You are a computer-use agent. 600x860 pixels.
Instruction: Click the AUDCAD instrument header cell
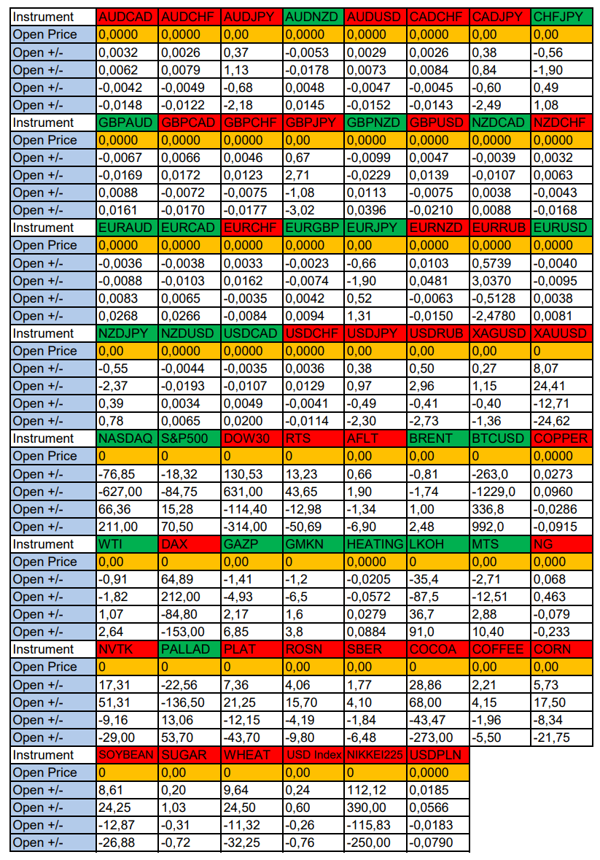point(126,17)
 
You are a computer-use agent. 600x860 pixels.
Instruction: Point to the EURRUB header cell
point(499,228)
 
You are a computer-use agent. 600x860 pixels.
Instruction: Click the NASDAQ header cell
point(126,438)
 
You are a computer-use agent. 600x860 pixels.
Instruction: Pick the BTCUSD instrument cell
point(499,438)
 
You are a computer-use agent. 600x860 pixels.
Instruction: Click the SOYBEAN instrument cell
point(126,755)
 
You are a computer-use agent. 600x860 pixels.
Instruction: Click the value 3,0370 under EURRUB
point(499,281)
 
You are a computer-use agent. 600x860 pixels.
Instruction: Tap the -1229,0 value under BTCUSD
point(499,492)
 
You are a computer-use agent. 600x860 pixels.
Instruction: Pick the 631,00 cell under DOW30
point(251,492)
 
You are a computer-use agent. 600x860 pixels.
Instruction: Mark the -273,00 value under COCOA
point(437,737)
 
